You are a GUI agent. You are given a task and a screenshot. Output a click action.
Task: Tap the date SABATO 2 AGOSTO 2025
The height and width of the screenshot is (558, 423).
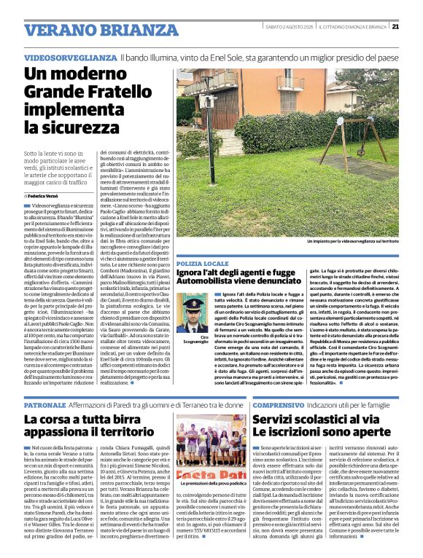coord(290,27)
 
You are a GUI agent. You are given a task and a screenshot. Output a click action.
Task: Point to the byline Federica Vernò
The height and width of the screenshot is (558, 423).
coord(45,197)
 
